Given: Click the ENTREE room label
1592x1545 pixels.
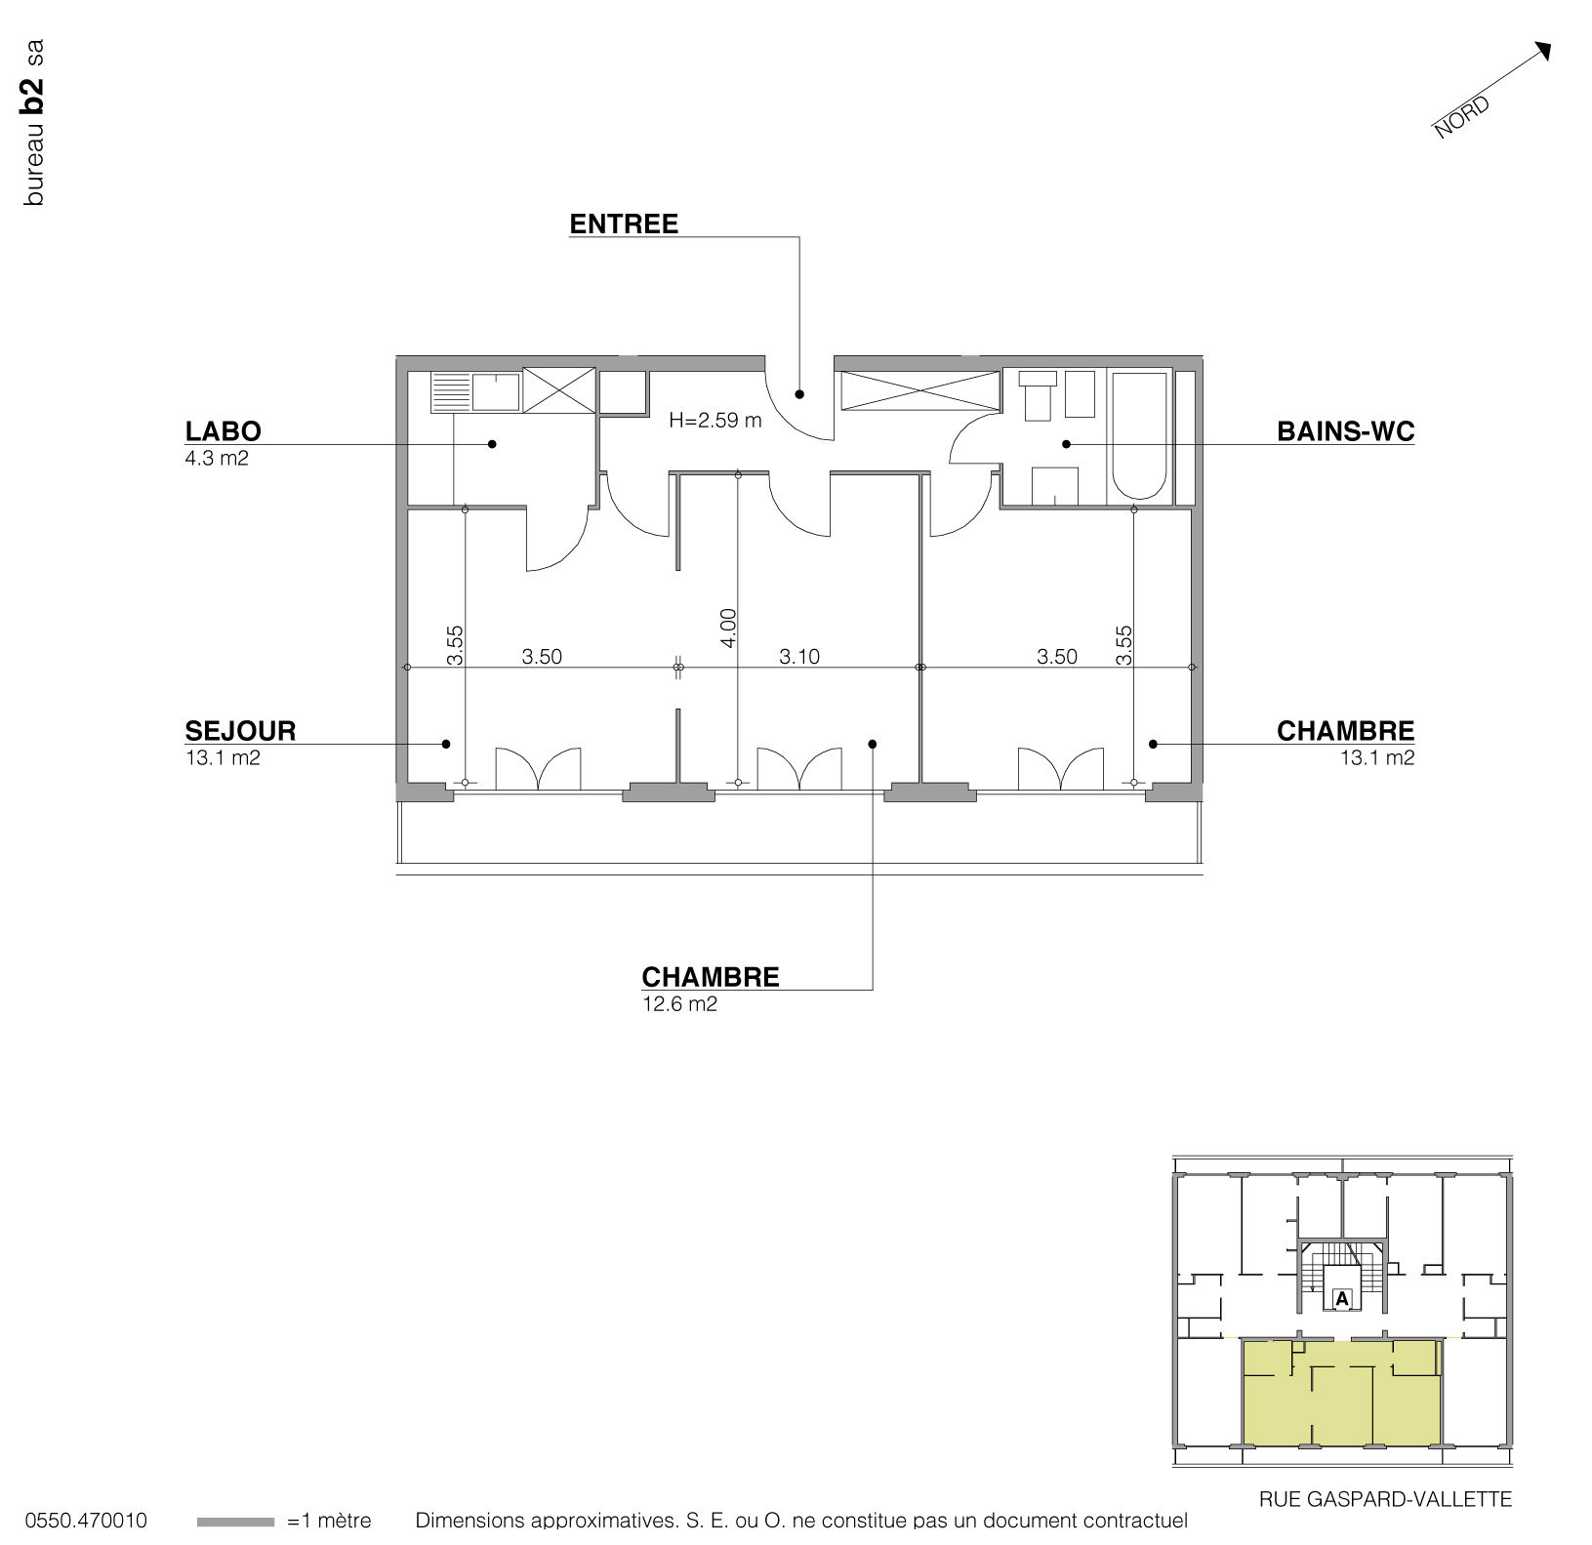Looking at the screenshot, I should [624, 224].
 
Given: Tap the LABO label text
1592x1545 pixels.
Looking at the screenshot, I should [223, 431].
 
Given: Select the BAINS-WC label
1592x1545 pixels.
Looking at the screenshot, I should [1345, 431].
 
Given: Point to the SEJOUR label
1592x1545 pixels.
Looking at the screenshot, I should [240, 731].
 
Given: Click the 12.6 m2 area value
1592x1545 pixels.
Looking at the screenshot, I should [679, 1004].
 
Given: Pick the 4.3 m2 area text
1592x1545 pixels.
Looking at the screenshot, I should [217, 459].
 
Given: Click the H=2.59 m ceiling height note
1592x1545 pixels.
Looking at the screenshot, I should [714, 421].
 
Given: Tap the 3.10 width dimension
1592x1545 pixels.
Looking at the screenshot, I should [799, 657].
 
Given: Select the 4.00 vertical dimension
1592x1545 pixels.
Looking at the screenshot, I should [728, 628].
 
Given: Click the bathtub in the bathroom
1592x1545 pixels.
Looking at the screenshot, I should [1139, 435].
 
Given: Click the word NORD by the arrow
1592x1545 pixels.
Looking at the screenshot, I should [1461, 117].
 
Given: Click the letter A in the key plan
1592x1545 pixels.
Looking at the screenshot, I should [1342, 1299].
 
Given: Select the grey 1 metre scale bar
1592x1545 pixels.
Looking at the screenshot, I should [235, 1522].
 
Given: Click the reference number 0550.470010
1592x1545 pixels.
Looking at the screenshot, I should [86, 1521].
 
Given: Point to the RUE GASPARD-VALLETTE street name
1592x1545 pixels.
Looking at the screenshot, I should [1385, 1499].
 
